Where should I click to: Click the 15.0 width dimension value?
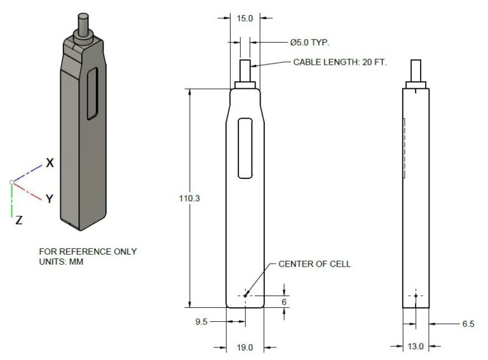point(245,18)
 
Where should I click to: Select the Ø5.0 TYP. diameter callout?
point(309,43)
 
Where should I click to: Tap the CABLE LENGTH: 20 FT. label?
point(340,62)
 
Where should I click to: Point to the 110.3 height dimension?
point(189,198)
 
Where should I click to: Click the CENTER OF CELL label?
point(315,264)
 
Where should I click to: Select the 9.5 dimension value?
point(201,321)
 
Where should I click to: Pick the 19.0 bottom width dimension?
point(245,347)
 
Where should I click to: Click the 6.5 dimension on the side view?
point(468,324)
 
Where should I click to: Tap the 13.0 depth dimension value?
point(416,346)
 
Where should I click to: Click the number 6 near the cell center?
point(284,302)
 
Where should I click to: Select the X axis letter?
point(50,163)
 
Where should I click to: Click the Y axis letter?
point(50,199)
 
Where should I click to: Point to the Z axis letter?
point(19,220)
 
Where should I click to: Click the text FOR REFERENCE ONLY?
point(88,251)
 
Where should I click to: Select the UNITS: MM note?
point(61,262)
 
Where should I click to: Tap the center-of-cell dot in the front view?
point(245,296)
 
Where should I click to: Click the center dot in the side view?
point(416,296)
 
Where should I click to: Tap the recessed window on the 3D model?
point(92,93)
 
